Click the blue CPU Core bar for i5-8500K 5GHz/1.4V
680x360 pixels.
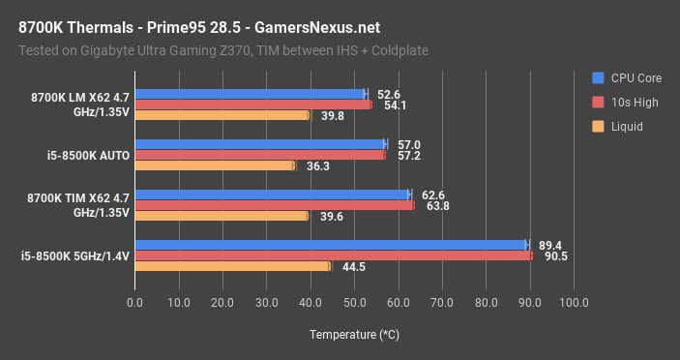click(x=329, y=245)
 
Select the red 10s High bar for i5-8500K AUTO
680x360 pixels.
click(x=259, y=155)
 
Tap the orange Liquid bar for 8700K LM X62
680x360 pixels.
click(x=222, y=115)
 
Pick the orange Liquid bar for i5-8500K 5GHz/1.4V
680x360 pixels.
click(x=232, y=266)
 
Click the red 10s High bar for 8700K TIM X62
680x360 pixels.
click(x=274, y=205)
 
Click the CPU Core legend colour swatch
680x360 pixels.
click(x=599, y=77)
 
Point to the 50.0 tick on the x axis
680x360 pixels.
click(x=354, y=303)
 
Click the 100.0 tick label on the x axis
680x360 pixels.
click(x=574, y=303)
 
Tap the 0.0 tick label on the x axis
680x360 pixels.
click(x=134, y=303)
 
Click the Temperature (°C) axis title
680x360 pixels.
click(x=354, y=335)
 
